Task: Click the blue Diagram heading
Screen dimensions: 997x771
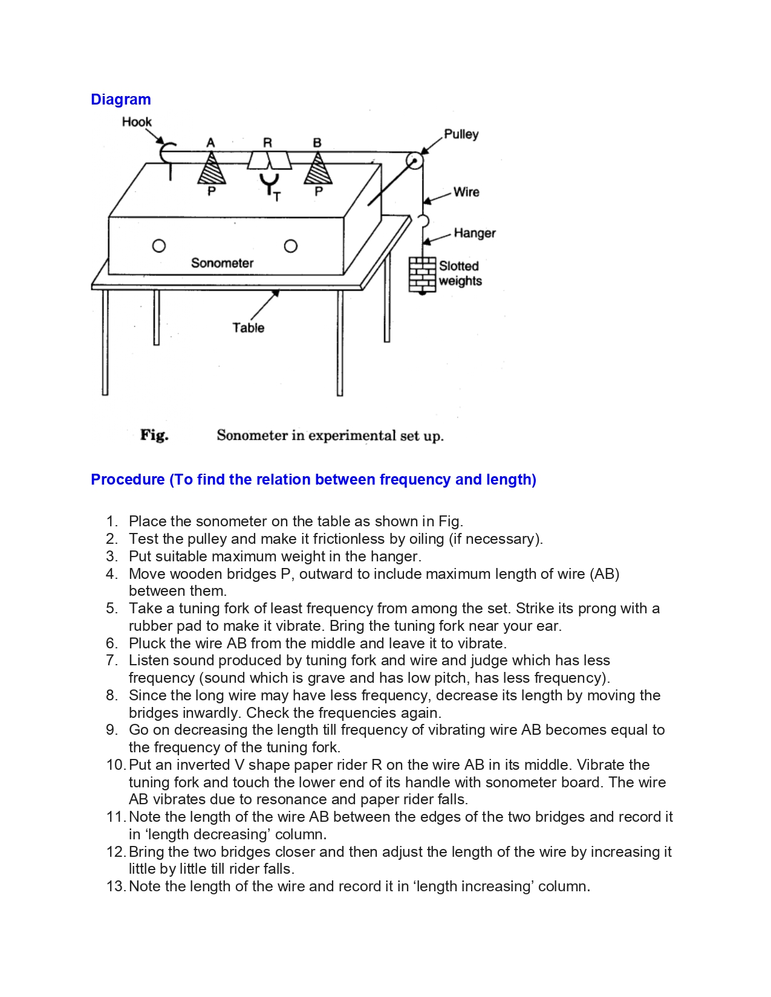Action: [x=120, y=100]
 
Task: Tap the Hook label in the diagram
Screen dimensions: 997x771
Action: [x=137, y=122]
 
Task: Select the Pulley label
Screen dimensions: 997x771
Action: [x=461, y=134]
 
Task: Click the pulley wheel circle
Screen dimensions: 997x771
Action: [x=414, y=161]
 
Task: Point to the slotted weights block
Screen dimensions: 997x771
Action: [x=422, y=274]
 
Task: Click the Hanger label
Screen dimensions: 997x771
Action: [x=474, y=233]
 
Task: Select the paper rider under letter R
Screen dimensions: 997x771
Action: [x=269, y=161]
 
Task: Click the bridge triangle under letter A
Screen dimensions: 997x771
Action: [x=212, y=169]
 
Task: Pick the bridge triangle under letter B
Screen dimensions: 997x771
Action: [x=317, y=169]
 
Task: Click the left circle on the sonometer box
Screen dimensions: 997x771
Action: [x=159, y=246]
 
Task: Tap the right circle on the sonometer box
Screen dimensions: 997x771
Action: [x=290, y=246]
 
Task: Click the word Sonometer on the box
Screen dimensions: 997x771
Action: [x=222, y=263]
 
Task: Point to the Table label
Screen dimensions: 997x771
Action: [x=249, y=328]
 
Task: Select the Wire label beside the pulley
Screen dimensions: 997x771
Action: [x=466, y=192]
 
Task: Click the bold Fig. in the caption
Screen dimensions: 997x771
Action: [x=154, y=435]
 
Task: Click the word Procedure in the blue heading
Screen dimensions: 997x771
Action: [x=128, y=480]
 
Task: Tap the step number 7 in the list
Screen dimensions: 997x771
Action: [x=112, y=660]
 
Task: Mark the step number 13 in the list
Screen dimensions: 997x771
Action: [x=115, y=886]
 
